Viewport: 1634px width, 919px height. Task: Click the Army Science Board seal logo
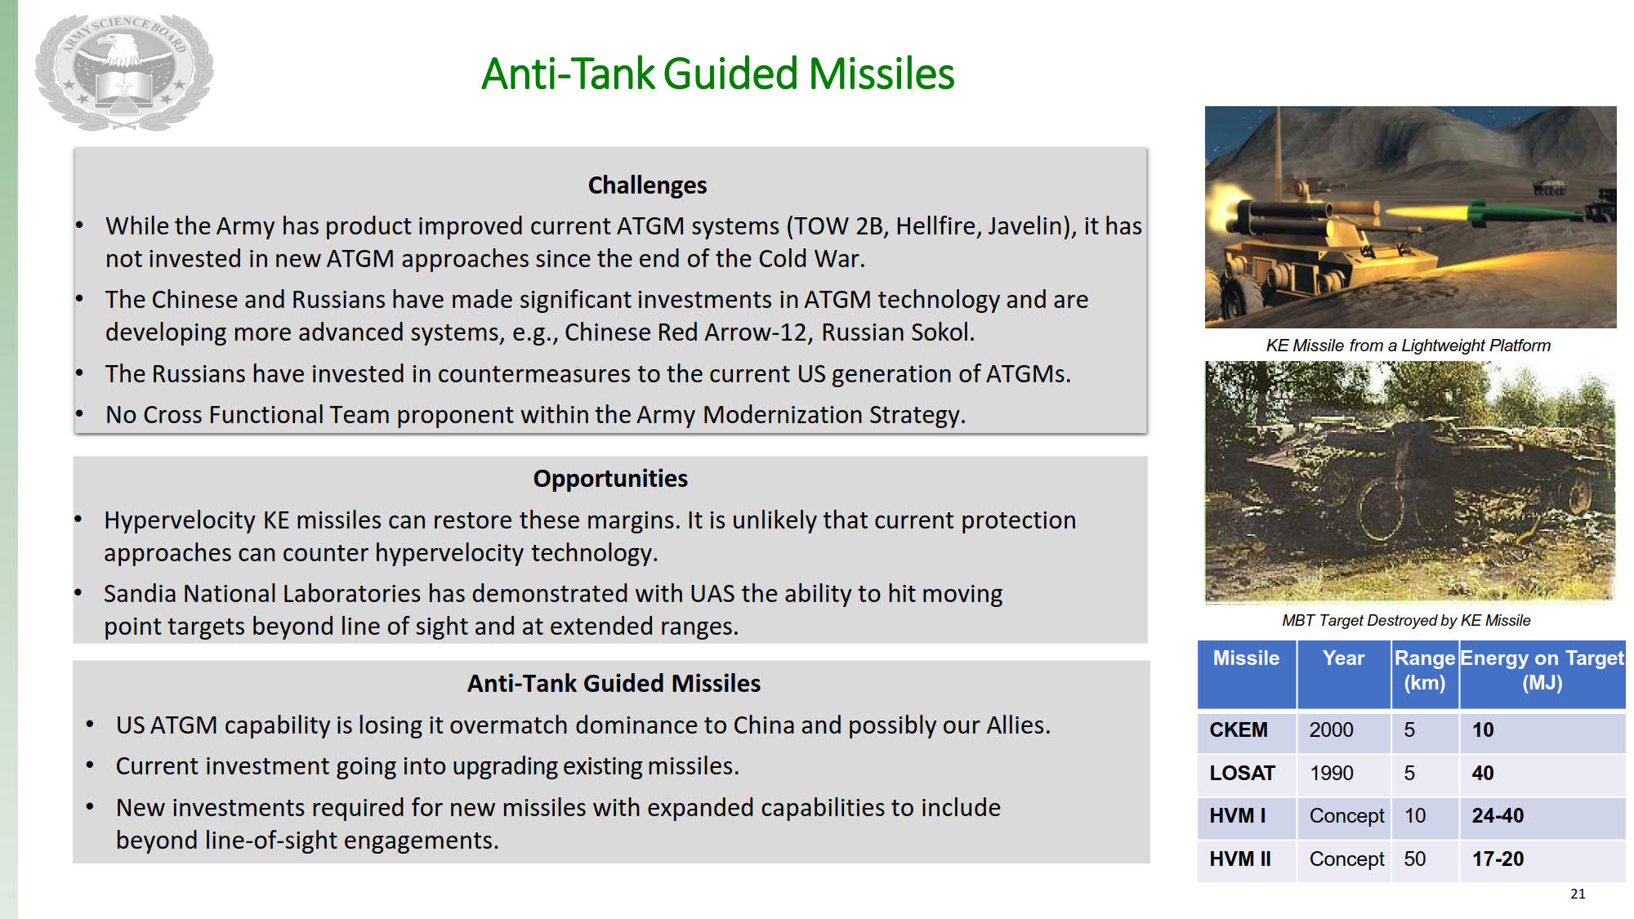[x=124, y=72]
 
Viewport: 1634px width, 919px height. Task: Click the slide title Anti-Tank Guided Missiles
[x=717, y=74]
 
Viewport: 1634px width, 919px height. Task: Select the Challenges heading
[x=647, y=185]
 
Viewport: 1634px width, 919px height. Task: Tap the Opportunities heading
[x=610, y=478]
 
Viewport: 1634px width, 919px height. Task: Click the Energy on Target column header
[x=1542, y=670]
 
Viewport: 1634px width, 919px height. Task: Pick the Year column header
[x=1343, y=658]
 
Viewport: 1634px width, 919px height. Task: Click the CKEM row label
[x=1239, y=729]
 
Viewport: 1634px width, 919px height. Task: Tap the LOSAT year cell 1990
[x=1332, y=773]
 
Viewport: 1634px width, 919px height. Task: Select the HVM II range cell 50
[x=1415, y=859]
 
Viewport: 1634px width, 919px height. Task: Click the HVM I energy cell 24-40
[x=1498, y=815]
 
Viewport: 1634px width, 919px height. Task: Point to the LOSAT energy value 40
[x=1483, y=773]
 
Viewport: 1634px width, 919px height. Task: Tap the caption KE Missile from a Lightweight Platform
[x=1409, y=346]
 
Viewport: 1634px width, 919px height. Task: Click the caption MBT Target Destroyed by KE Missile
[x=1406, y=620]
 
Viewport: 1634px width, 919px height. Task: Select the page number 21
[x=1578, y=894]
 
